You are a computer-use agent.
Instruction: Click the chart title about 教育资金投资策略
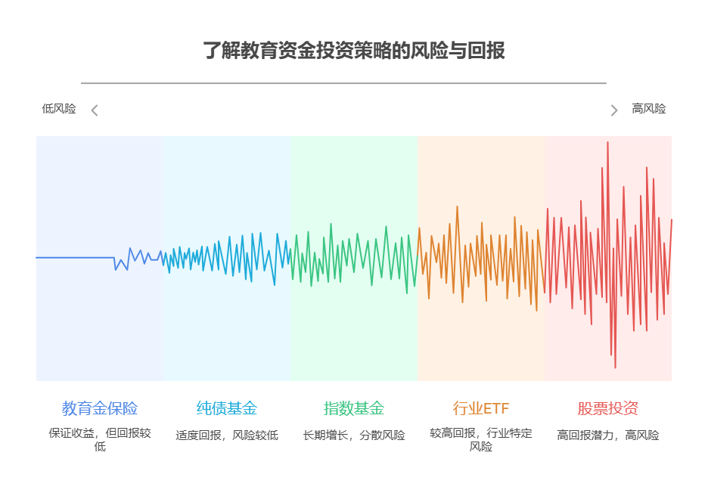click(x=354, y=51)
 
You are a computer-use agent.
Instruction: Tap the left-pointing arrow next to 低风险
click(x=95, y=110)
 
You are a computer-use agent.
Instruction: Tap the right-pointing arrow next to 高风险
click(x=614, y=110)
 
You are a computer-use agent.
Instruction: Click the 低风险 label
click(x=59, y=109)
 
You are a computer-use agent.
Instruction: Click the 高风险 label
click(x=649, y=109)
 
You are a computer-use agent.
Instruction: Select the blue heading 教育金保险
click(x=100, y=408)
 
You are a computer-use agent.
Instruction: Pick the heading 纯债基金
click(x=227, y=408)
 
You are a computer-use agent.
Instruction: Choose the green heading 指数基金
click(x=354, y=408)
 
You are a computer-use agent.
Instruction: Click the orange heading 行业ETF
click(x=481, y=408)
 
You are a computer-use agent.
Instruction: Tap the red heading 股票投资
click(x=608, y=408)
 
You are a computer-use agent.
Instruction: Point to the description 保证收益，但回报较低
click(x=100, y=439)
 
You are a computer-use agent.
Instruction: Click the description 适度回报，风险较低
click(x=227, y=435)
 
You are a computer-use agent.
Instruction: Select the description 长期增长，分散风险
click(x=354, y=435)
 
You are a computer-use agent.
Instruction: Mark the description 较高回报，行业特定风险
click(x=481, y=439)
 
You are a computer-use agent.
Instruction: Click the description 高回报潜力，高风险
click(x=608, y=435)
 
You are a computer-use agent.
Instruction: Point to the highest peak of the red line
click(x=607, y=142)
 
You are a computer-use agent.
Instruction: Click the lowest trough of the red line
click(x=615, y=367)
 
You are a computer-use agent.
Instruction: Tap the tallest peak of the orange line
click(x=457, y=206)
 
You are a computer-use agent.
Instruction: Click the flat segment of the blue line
click(x=76, y=258)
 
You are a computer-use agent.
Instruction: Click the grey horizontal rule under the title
click(x=343, y=83)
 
